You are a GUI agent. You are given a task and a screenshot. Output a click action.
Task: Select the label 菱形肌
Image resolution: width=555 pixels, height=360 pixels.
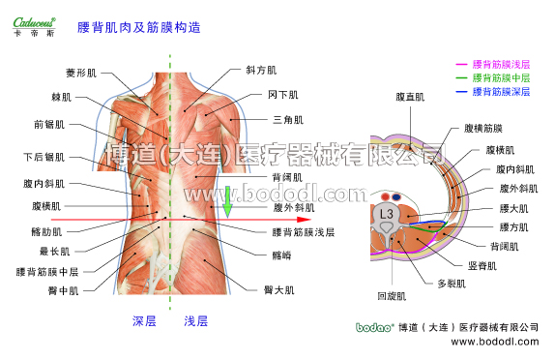80,73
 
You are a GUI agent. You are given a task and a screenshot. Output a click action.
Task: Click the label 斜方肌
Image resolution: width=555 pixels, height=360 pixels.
261,71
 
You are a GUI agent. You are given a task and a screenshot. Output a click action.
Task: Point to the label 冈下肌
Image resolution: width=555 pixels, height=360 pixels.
283,95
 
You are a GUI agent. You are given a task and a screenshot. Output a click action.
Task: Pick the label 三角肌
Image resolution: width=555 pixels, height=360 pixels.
288,120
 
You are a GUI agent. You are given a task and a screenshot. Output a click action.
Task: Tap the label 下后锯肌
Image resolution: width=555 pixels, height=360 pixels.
44,157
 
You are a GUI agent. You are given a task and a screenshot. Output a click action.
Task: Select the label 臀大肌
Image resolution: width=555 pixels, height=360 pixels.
280,289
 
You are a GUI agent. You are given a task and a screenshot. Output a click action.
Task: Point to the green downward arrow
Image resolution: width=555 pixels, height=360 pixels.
228,202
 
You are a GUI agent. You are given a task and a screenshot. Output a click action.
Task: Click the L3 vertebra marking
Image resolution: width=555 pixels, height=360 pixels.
386,212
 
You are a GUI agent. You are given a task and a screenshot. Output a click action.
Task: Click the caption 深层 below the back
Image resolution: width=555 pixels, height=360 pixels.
144,320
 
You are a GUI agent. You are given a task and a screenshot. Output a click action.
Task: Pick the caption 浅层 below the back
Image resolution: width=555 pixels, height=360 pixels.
195,320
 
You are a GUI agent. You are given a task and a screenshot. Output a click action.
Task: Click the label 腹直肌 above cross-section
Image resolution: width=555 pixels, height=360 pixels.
410,98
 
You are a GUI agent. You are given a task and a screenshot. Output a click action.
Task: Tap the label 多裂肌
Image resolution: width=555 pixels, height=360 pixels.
452,284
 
